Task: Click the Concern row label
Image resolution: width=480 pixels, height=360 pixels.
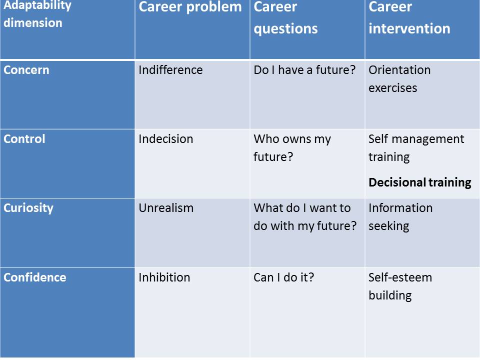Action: click(26, 70)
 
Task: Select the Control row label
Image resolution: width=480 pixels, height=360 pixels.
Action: click(24, 139)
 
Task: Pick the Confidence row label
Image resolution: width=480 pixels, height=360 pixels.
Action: click(35, 277)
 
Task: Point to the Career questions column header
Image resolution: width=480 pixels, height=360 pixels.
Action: click(285, 17)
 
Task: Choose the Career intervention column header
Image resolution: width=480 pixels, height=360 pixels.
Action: click(409, 17)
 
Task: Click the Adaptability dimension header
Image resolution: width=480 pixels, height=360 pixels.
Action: click(37, 14)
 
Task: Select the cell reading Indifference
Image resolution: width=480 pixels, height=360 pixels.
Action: click(170, 70)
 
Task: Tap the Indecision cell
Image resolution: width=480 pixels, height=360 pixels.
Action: click(165, 139)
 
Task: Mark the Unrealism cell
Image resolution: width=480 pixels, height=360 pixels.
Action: click(166, 208)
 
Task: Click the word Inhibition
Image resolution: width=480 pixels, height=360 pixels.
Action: click(164, 277)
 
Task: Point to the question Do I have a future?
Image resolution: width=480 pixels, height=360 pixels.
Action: click(304, 70)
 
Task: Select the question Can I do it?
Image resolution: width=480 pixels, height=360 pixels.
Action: click(284, 277)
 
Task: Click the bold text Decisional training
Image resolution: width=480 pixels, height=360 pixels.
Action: click(419, 182)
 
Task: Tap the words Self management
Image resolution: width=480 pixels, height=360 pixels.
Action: click(416, 139)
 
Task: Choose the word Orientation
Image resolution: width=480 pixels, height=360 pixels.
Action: click(399, 70)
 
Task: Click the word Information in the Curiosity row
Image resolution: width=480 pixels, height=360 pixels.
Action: click(400, 208)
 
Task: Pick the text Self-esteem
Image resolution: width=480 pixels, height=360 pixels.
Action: click(400, 277)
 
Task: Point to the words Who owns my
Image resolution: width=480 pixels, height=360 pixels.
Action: click(292, 139)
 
